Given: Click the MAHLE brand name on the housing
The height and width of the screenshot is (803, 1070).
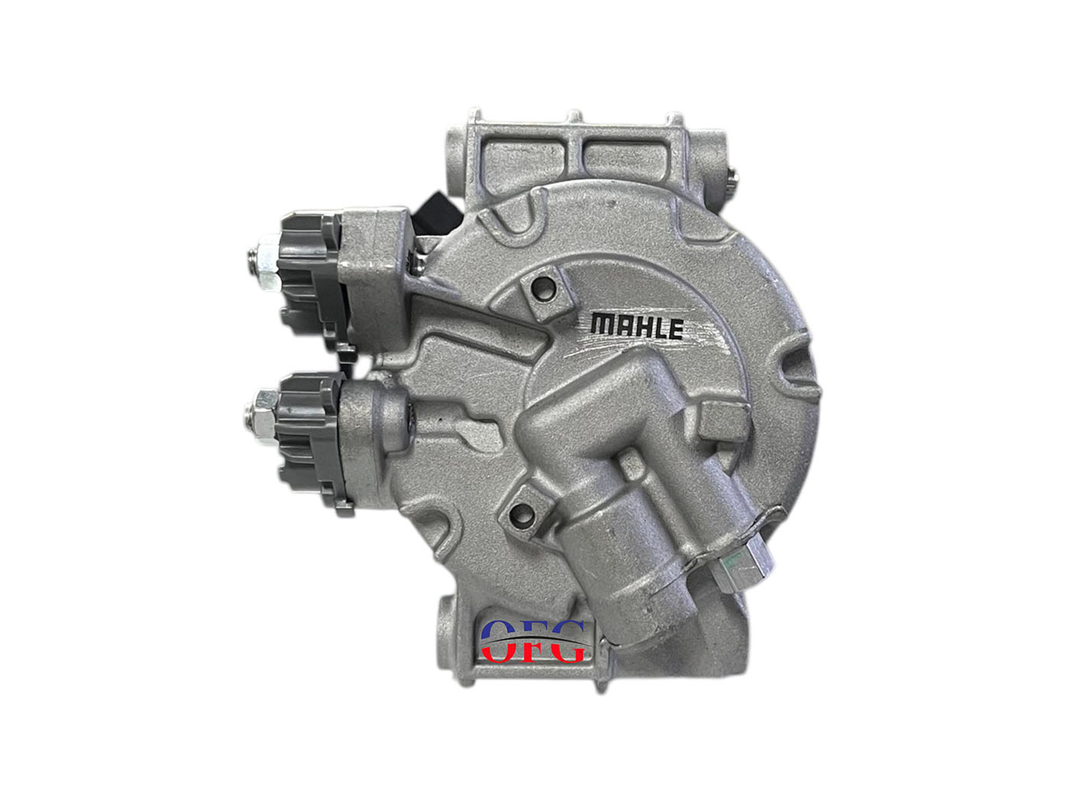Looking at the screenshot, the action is point(636,327).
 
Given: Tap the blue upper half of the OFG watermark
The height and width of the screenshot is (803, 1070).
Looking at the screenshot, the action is point(532,630).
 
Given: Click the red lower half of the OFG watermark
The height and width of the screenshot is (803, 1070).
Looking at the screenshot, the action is point(532,652).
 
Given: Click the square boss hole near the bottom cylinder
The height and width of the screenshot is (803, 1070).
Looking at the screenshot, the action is point(521,512).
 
